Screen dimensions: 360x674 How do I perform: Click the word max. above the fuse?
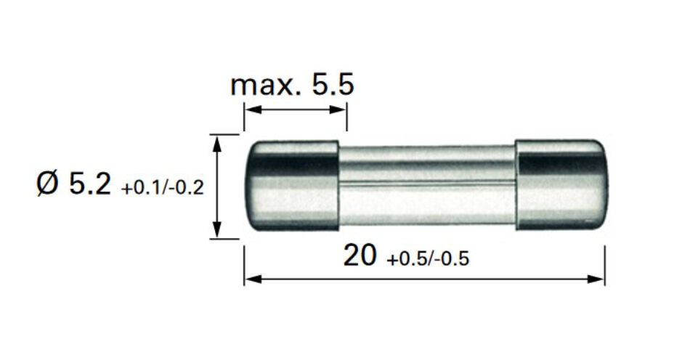264,86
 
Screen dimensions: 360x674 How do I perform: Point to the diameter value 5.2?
90,185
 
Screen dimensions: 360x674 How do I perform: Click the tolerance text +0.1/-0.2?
163,189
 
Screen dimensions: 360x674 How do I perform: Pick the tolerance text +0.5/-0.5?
428,260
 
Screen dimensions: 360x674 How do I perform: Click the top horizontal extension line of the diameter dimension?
224,134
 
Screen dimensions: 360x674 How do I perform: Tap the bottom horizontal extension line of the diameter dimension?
224,237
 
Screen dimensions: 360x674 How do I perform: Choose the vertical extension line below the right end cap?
605,265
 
